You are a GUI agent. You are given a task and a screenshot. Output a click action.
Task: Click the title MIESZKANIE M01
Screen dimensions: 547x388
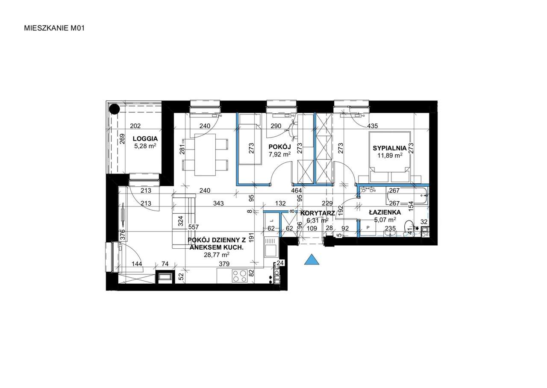(x=54, y=28)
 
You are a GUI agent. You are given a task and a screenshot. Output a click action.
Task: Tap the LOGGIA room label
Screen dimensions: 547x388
(x=145, y=139)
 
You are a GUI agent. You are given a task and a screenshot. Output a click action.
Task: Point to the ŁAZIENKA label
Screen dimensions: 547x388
(x=385, y=212)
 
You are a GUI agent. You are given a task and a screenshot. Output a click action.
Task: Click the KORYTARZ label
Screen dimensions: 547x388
(x=318, y=213)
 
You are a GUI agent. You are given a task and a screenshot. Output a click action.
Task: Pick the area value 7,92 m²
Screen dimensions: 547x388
(x=279, y=154)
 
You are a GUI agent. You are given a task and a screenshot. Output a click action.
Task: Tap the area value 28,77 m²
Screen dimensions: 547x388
(x=216, y=255)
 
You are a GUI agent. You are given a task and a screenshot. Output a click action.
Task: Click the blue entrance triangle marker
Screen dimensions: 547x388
(x=312, y=259)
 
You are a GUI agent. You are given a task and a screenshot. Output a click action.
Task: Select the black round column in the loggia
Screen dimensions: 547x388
(x=114, y=109)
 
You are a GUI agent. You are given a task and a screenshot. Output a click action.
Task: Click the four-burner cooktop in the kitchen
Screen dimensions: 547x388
(x=239, y=276)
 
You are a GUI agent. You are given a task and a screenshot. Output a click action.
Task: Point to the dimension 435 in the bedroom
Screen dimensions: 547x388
(x=372, y=126)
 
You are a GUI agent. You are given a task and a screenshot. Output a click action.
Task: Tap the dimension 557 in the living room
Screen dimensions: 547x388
(x=194, y=227)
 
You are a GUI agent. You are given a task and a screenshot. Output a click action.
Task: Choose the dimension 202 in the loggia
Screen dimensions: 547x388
(x=135, y=126)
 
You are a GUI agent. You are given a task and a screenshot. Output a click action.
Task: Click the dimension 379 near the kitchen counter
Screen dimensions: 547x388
(x=224, y=264)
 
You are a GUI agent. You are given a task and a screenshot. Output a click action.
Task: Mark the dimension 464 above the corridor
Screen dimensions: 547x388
(x=297, y=191)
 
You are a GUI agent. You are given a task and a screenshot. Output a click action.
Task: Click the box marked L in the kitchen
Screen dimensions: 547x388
(x=271, y=220)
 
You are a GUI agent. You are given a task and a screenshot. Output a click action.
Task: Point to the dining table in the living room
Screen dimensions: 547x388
(x=205, y=155)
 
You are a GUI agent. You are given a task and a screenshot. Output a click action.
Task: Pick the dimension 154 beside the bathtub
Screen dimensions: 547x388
(x=411, y=206)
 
